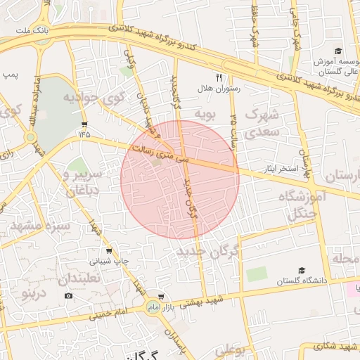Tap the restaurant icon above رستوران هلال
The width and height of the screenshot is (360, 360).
pos(219,77)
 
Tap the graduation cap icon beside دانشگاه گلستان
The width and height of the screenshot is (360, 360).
pos(302,270)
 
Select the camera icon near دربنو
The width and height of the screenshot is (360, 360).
pos(68,295)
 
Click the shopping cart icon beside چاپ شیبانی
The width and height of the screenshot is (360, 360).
pos(108,250)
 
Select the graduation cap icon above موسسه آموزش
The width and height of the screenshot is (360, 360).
pos(337,51)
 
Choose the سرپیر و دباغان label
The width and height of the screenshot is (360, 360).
pos(83,180)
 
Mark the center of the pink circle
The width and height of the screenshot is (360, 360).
pos(180,179)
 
